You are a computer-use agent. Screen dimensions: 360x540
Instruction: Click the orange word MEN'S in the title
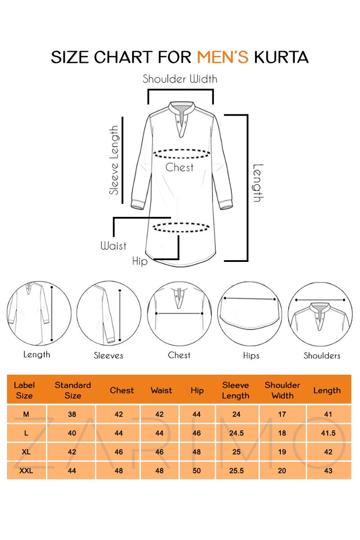pyautogui.click(x=223, y=57)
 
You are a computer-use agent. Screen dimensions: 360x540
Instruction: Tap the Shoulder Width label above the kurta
pyautogui.click(x=180, y=79)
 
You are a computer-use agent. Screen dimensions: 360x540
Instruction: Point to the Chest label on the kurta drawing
pyautogui.click(x=180, y=167)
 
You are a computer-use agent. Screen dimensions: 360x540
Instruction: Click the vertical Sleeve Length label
pyautogui.click(x=114, y=160)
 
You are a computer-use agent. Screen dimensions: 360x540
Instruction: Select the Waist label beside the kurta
pyautogui.click(x=113, y=246)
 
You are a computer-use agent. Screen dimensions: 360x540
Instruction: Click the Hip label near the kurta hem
pyautogui.click(x=139, y=261)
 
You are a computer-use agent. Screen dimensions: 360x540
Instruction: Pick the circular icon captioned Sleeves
pyautogui.click(x=109, y=313)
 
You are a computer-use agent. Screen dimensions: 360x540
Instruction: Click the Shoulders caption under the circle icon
pyautogui.click(x=322, y=355)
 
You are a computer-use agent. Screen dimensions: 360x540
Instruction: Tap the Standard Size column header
pyautogui.click(x=73, y=390)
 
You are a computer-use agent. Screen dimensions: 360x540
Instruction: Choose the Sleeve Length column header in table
pyautogui.click(x=236, y=390)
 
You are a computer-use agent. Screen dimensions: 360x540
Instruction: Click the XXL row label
pyautogui.click(x=26, y=471)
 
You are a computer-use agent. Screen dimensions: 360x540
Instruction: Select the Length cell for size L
pyautogui.click(x=328, y=433)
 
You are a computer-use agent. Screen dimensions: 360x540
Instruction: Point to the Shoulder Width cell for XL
pyautogui.click(x=282, y=452)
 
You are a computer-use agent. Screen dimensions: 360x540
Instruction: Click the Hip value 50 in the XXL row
pyautogui.click(x=197, y=471)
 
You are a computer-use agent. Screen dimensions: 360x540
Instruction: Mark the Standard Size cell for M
pyautogui.click(x=72, y=414)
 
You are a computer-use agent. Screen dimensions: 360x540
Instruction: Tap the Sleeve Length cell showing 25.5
pyautogui.click(x=236, y=471)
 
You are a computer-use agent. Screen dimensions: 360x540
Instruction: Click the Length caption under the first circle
pyautogui.click(x=36, y=355)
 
